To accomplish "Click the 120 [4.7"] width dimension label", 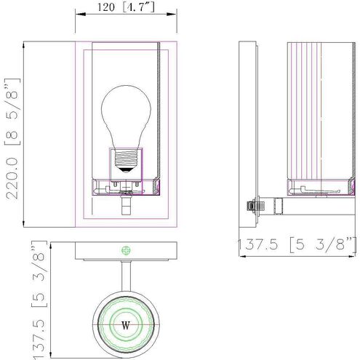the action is (126, 7).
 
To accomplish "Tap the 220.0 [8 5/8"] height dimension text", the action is (12, 138).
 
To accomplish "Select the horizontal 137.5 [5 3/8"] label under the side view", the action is (297, 244).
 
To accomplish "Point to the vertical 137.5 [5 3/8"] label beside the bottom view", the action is (39, 300).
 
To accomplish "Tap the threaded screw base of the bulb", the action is (126, 158).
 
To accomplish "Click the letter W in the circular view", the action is (126, 325).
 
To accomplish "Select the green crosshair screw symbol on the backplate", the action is (126, 250).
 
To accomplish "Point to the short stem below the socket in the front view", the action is (126, 206).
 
